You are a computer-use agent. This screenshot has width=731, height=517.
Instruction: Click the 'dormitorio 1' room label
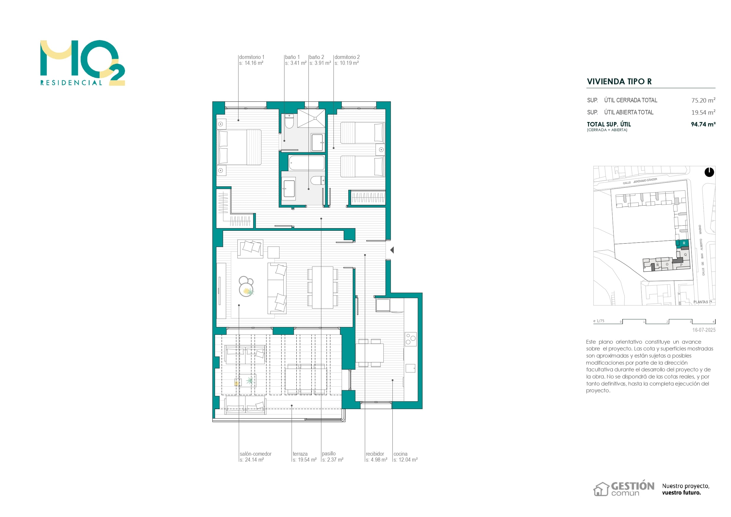point(252,57)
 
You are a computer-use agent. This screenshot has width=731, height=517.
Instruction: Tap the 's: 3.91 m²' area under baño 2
point(320,63)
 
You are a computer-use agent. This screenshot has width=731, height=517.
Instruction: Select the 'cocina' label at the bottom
point(400,454)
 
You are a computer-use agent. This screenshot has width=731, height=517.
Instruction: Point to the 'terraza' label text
point(300,454)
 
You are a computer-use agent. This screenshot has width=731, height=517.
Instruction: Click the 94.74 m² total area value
point(703,124)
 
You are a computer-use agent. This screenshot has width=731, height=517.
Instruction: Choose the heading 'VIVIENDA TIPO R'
point(619,82)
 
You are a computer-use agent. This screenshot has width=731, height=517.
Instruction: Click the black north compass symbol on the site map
point(709,172)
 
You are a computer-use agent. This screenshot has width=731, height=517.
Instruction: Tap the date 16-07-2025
point(704,330)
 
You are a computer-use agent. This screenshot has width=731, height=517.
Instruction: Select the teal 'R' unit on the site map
point(684,243)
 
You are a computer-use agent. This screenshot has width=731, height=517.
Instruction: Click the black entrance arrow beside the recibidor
point(392,250)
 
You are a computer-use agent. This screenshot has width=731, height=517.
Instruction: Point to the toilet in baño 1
point(289,121)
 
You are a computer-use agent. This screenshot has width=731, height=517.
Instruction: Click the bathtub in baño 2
point(307,163)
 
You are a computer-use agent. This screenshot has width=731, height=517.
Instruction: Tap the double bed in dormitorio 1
point(240,147)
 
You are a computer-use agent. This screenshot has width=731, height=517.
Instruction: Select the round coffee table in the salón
point(246,287)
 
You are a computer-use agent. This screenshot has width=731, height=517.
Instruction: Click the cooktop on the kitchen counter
point(410,339)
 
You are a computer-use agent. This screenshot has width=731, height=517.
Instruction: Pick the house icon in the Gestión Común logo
point(601,489)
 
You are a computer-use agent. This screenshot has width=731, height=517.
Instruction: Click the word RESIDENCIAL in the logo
point(71,83)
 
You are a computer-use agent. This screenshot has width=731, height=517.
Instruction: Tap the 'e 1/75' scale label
point(598,321)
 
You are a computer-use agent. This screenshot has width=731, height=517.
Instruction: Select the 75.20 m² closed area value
point(703,100)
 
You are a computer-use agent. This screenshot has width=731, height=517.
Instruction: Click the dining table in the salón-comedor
point(323,287)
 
